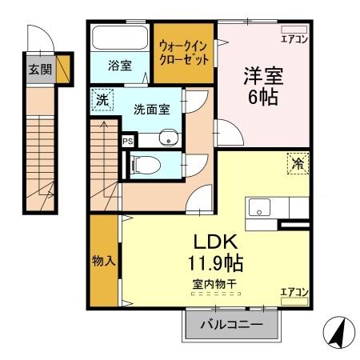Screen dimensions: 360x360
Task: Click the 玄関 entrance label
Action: [39, 69]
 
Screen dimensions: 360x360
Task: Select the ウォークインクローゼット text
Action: [184, 53]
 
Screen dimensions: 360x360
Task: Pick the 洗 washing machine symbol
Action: [102, 102]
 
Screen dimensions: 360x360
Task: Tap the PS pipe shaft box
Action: [127, 141]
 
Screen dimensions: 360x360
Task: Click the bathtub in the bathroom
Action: [119, 38]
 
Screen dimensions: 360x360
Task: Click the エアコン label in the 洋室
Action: [293, 37]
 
